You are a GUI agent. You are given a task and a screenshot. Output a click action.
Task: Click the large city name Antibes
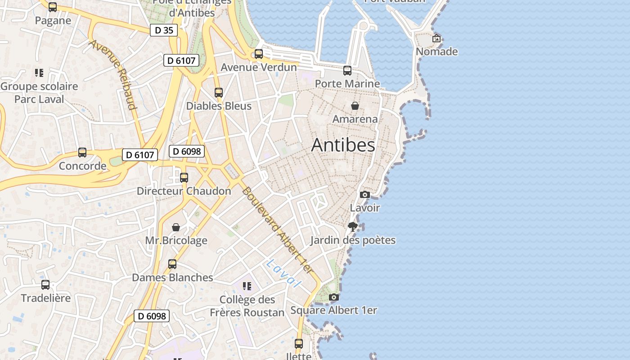[343, 145]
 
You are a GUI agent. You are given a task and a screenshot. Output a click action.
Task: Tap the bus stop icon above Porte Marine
[347, 71]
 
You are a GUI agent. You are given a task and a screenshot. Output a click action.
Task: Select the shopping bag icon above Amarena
[355, 106]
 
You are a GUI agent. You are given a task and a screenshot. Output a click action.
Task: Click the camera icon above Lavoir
[365, 195]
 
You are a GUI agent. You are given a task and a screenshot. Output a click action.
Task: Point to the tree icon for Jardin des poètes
[353, 227]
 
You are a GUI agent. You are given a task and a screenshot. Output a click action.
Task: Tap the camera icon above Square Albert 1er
[333, 297]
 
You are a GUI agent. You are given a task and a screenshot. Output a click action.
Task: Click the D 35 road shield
[164, 30]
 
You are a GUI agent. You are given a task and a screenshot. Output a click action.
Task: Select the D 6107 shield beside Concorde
[140, 155]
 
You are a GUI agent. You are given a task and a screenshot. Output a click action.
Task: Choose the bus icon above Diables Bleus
[219, 93]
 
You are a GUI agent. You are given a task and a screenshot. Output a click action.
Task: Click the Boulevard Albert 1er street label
[277, 229]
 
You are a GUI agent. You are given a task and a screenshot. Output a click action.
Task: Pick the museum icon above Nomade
[436, 39]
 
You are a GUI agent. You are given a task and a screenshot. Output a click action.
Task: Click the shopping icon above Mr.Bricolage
[176, 227]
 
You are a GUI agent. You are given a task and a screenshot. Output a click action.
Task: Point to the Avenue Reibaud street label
[113, 75]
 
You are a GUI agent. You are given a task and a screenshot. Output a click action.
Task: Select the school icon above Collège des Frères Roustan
[247, 286]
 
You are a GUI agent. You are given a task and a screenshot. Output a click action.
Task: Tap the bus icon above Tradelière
[45, 285]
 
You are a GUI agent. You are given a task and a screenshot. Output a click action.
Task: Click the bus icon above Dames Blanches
[172, 264]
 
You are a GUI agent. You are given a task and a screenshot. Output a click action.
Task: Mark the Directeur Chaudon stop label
[184, 191]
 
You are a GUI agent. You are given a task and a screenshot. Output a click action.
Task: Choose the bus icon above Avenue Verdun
[259, 54]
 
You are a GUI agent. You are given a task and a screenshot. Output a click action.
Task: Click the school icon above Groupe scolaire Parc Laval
[39, 73]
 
